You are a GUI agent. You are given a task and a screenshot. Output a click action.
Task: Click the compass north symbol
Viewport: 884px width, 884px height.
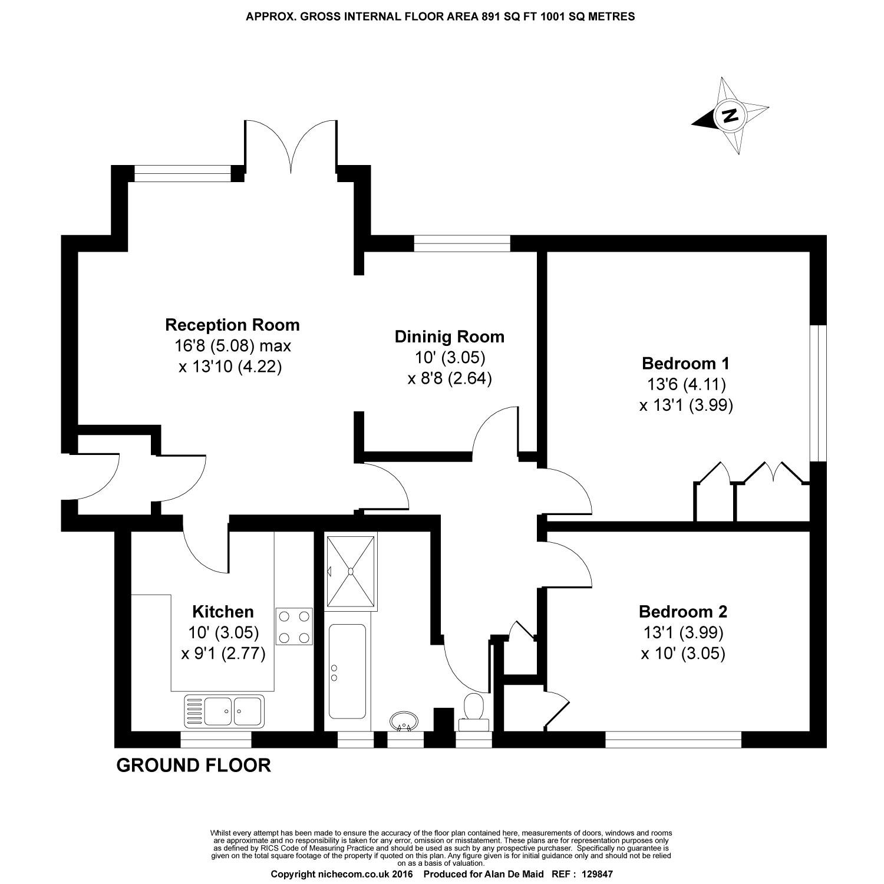pyautogui.click(x=731, y=116)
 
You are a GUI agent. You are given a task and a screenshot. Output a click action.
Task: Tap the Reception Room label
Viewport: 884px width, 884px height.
pyautogui.click(x=232, y=325)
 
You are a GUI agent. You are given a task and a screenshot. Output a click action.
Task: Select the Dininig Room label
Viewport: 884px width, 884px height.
pyautogui.click(x=449, y=337)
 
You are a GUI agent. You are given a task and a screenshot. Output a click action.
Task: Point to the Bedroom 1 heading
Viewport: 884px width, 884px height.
pyautogui.click(x=686, y=363)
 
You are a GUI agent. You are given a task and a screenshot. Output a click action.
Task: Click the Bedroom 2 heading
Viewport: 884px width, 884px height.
pyautogui.click(x=684, y=611)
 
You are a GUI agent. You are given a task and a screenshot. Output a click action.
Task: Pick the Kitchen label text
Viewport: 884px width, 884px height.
pyautogui.click(x=223, y=611)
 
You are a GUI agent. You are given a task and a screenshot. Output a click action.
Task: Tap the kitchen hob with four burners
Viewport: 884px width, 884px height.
pyautogui.click(x=294, y=626)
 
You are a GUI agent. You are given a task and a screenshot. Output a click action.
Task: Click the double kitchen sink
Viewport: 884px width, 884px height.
pyautogui.click(x=224, y=710)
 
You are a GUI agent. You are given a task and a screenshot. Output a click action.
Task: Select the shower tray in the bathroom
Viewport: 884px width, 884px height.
pyautogui.click(x=351, y=571)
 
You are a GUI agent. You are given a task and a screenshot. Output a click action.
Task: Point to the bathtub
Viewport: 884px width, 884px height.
pyautogui.click(x=347, y=671)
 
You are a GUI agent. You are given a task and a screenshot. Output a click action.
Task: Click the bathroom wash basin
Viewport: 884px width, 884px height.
pyautogui.click(x=404, y=721)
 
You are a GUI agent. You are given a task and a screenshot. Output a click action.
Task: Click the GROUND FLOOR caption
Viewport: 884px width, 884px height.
pyautogui.click(x=193, y=766)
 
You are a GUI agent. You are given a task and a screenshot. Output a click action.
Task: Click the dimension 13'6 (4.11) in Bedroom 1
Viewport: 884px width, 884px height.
pyautogui.click(x=686, y=384)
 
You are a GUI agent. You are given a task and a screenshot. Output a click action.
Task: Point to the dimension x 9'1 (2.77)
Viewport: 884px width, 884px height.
pyautogui.click(x=223, y=654)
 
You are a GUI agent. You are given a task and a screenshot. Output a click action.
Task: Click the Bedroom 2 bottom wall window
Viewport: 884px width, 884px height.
pyautogui.click(x=673, y=740)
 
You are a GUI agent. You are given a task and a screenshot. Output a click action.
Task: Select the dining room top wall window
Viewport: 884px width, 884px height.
pyautogui.click(x=461, y=243)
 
